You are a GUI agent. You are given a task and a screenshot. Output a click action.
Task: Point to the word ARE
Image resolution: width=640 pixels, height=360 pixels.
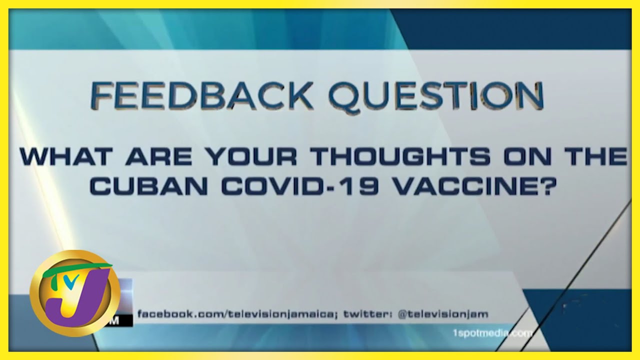click(159, 157)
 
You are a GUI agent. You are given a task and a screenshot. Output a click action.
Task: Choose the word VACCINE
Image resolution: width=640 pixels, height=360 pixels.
click(460, 186)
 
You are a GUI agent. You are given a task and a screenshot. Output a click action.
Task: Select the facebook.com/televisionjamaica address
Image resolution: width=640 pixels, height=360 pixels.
click(236, 314)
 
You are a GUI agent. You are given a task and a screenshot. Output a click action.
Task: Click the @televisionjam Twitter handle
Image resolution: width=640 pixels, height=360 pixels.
click(443, 314)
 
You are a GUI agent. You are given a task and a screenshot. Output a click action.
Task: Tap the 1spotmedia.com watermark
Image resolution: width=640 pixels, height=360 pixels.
click(492, 333)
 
